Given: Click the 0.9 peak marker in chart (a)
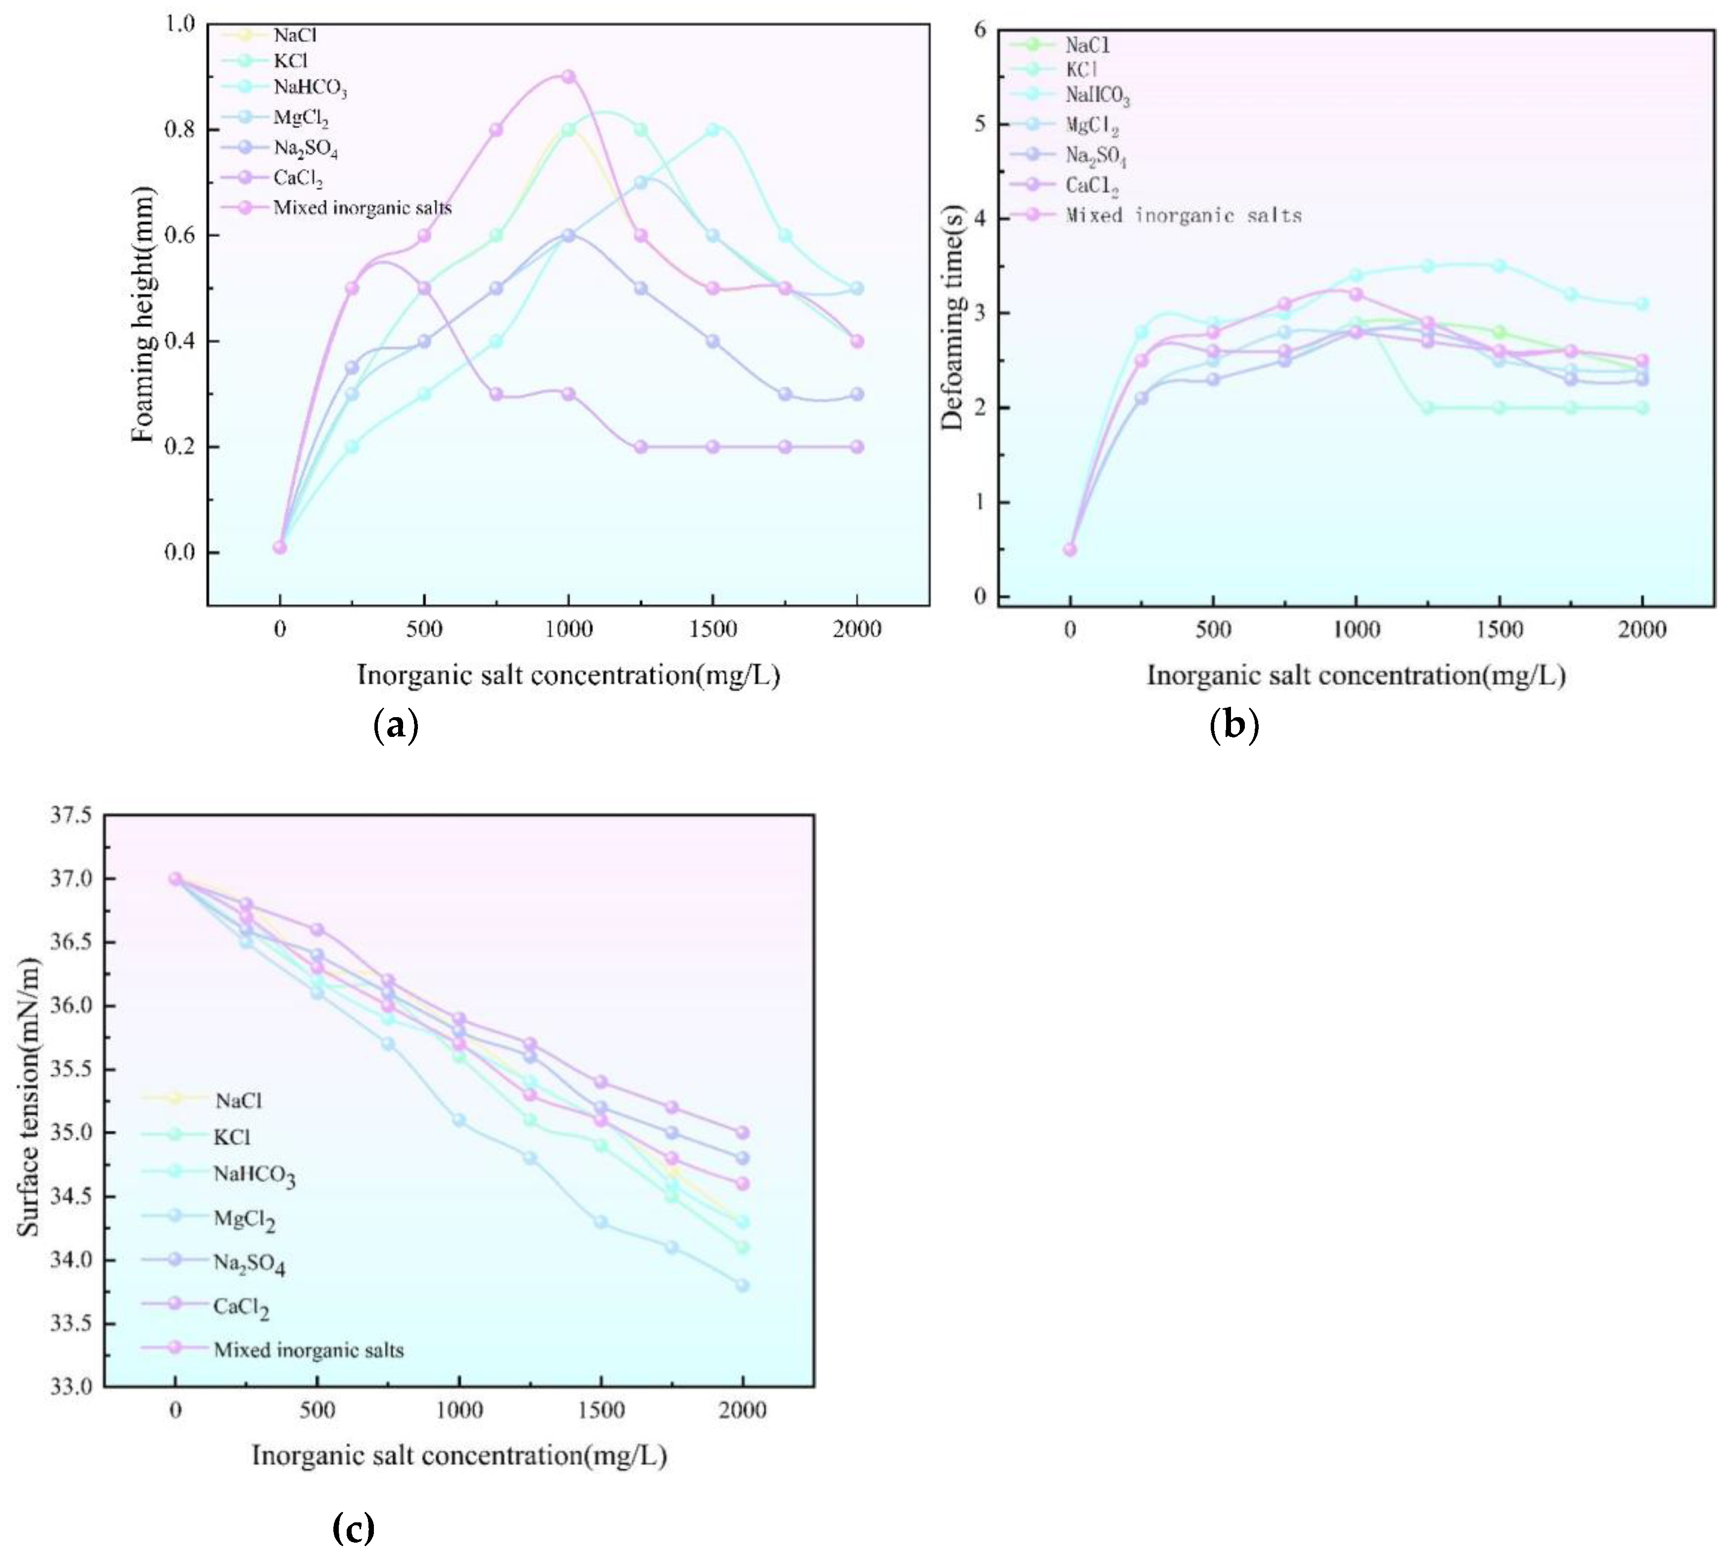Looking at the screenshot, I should pos(568,77).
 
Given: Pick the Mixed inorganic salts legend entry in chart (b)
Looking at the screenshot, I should pos(1183,215).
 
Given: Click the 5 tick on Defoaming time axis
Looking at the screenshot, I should pos(979,124).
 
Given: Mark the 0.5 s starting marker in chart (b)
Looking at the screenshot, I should pos(1070,549).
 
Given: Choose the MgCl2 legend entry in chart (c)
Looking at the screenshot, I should pos(244,1219).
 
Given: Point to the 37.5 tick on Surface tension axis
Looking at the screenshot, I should pos(71,816).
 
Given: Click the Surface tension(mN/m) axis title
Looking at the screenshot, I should pos(29,1097).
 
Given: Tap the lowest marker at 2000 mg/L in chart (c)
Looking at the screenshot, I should pos(742,1285).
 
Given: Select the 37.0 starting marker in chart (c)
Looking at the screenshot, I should pos(175,878).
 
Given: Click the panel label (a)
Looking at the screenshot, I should pos(396,725).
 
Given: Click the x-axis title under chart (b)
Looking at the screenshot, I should pos(1356,676).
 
